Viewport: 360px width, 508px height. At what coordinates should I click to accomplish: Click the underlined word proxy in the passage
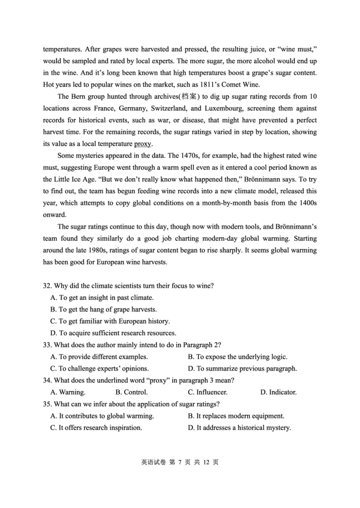click(x=143, y=144)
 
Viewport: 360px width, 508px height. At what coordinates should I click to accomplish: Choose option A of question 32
click(x=102, y=298)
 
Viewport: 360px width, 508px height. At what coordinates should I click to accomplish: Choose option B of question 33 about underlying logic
click(x=237, y=356)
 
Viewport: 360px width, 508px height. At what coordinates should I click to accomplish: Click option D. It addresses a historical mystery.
click(x=239, y=428)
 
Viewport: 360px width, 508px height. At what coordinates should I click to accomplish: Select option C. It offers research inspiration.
click(x=96, y=428)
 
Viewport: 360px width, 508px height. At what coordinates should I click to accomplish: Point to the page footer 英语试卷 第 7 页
click(x=180, y=462)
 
